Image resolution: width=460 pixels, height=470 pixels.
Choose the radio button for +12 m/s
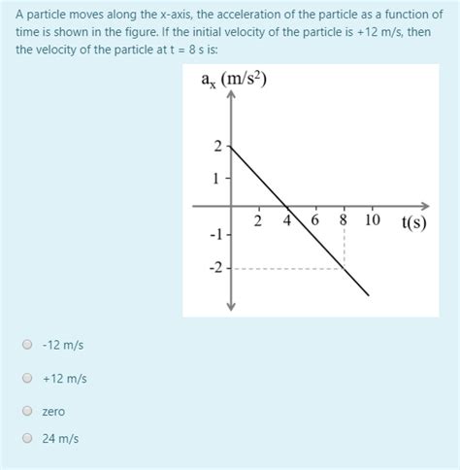[28, 378]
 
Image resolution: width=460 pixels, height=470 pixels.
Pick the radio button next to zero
[28, 411]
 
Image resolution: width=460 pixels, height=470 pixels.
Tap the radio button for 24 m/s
[28, 438]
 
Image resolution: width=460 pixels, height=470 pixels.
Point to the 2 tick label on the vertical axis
[217, 146]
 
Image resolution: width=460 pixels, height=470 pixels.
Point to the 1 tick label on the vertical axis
[217, 178]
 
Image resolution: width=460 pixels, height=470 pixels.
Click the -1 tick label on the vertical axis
[215, 236]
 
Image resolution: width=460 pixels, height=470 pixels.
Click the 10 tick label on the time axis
[373, 220]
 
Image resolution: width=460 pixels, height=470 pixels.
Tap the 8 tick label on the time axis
[344, 220]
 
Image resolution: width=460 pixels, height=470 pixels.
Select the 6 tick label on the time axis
[315, 220]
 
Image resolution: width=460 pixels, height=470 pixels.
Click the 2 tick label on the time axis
[258, 220]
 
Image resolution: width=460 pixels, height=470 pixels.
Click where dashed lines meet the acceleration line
[345, 267]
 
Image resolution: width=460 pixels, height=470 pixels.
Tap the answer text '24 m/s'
[60, 438]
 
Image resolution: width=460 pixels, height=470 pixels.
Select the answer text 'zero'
[53, 411]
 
